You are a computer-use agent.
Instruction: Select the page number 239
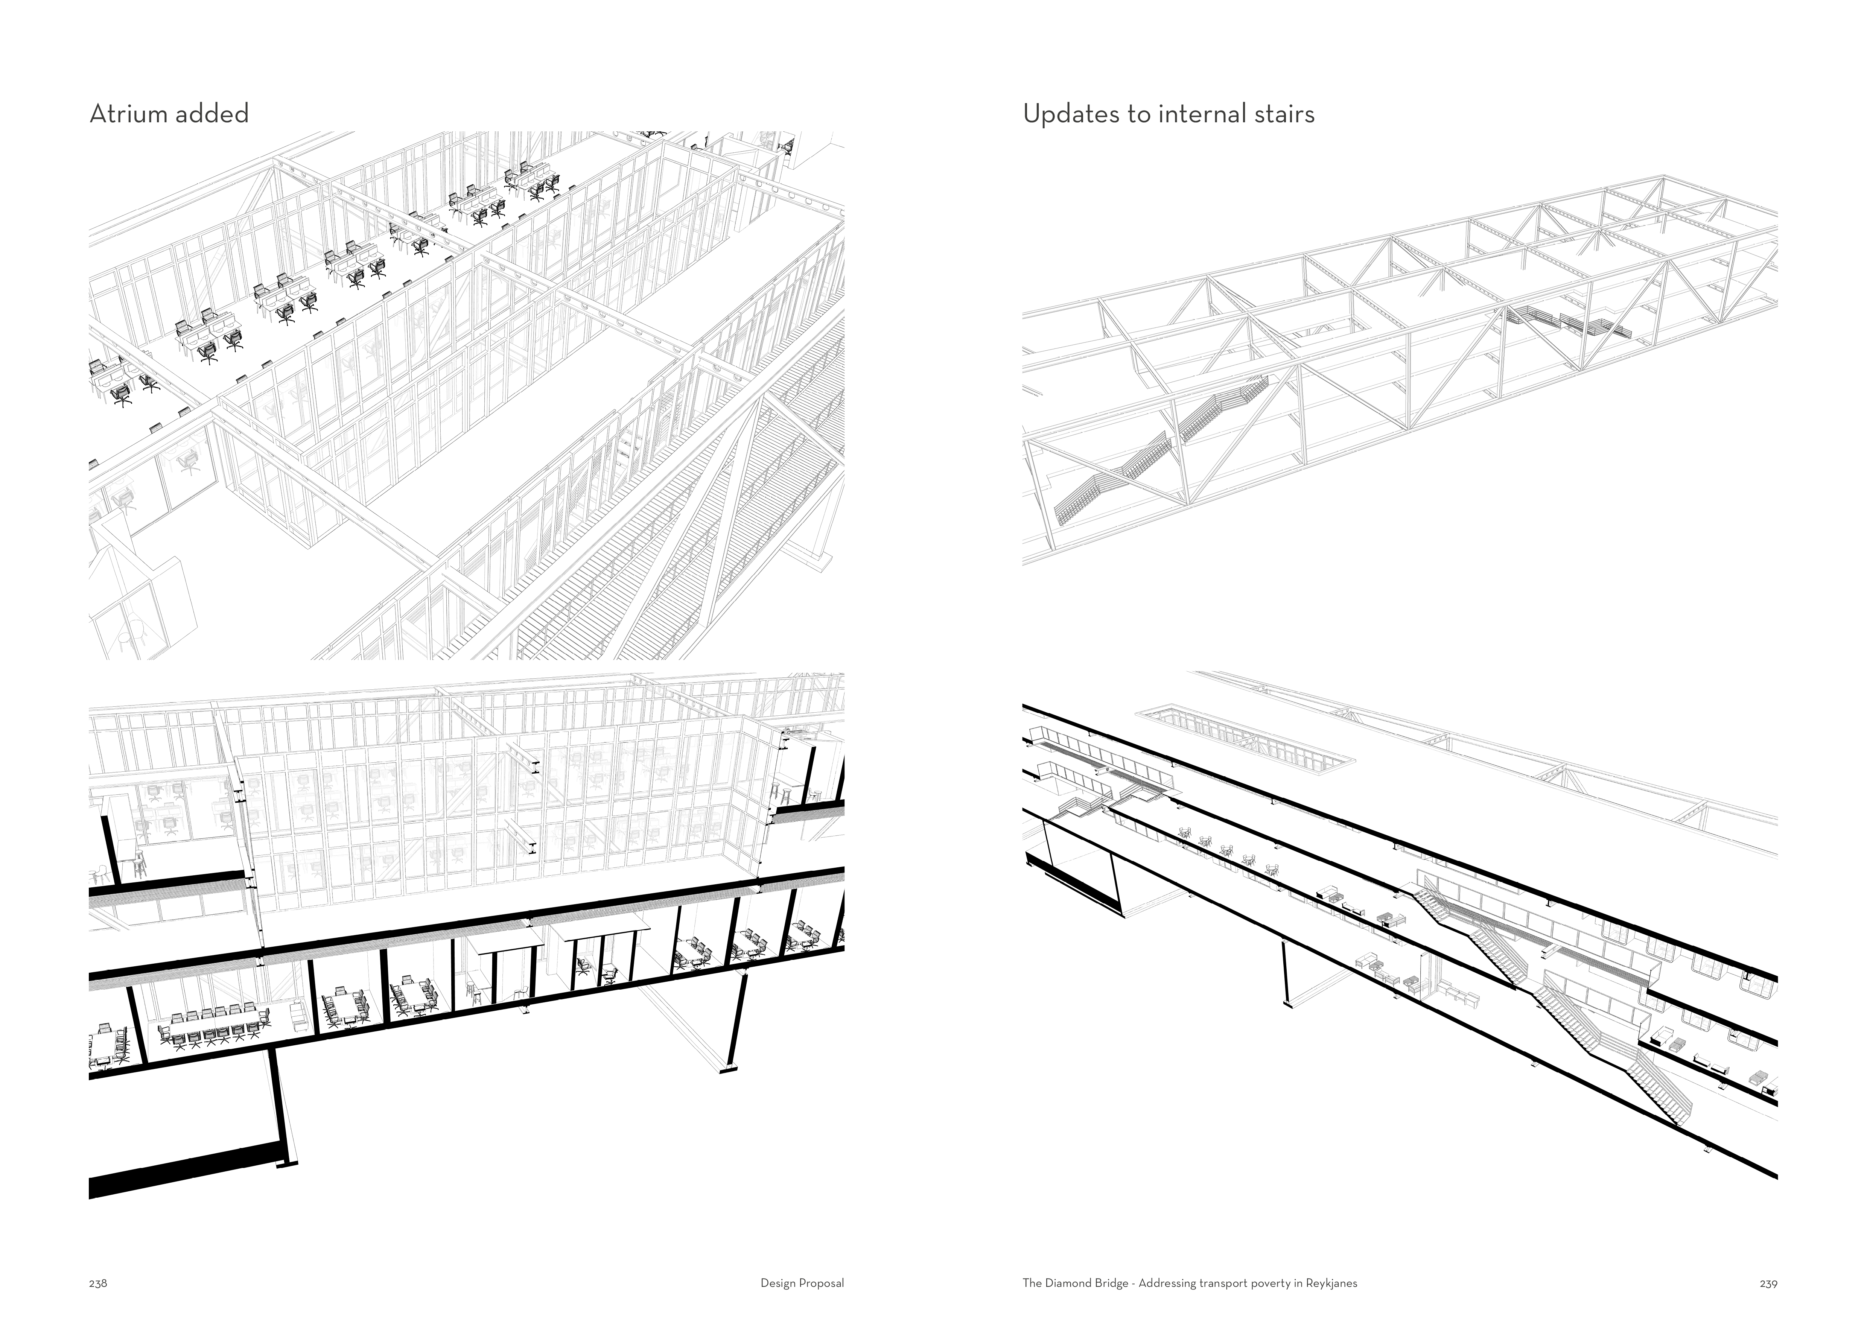click(1768, 1284)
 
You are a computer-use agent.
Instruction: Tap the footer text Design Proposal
click(802, 1284)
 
